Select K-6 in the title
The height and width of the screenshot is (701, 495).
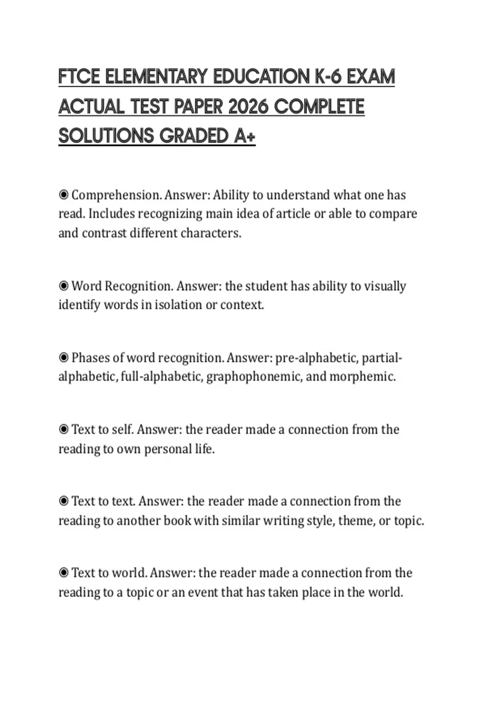click(x=328, y=77)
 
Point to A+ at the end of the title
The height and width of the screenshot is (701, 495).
click(x=245, y=136)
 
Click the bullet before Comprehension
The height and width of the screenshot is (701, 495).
click(x=64, y=195)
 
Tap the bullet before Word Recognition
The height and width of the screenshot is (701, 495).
click(x=64, y=286)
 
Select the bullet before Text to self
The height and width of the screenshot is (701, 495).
click(x=64, y=429)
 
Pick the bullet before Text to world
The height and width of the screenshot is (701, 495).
click(x=64, y=573)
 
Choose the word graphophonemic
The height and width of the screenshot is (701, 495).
click(x=253, y=376)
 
